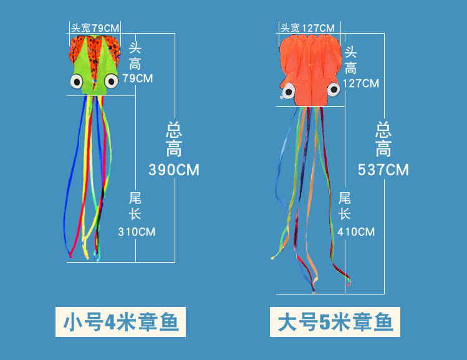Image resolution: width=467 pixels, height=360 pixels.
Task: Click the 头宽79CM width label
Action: pos(94,28)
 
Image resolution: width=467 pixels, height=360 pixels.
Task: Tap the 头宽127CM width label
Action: pos(307,28)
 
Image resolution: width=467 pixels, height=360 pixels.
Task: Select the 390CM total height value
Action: pos(174,169)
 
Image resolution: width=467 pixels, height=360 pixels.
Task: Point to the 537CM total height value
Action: pos(383,169)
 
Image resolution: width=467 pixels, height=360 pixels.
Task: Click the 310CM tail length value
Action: pos(137,232)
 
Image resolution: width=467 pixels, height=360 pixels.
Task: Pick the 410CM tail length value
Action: pos(357,232)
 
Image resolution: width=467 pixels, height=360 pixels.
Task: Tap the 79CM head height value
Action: pos(137,79)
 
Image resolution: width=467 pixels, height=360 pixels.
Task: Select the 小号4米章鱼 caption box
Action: pos(121,323)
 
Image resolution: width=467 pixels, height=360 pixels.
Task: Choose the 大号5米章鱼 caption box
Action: pos(335,323)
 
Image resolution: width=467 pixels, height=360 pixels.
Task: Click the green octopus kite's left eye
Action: pos(77,81)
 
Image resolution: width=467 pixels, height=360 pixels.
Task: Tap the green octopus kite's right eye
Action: pos(110,80)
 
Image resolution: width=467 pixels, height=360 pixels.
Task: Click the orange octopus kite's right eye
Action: pos(333,90)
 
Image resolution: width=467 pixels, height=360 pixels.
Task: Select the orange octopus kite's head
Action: pos(309,69)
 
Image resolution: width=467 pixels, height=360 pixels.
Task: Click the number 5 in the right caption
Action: pos(324,323)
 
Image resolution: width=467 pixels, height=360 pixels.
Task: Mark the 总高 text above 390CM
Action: pos(174,139)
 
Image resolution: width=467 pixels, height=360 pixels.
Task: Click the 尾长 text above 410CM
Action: pos(345,206)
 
